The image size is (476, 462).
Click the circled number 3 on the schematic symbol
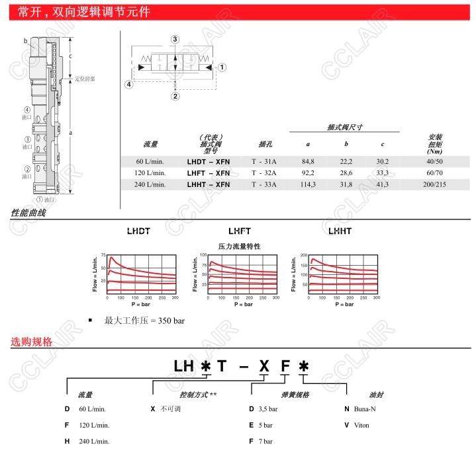[175, 40]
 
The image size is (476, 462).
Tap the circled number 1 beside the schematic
[222, 67]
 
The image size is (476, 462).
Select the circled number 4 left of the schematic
[130, 84]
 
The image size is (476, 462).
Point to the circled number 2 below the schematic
[175, 96]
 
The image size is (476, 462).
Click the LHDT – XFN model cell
[209, 161]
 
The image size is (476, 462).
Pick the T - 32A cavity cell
[264, 173]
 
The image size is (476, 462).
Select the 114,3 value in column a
[309, 184]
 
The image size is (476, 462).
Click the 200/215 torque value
[436, 184]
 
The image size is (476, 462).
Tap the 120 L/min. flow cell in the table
[150, 173]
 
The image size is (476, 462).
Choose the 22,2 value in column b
[346, 161]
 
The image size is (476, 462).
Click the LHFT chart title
[239, 231]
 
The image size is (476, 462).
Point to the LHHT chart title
[339, 231]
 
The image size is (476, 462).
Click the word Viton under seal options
[361, 425]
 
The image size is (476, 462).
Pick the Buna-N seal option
[365, 408]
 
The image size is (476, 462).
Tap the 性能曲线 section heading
[28, 213]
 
